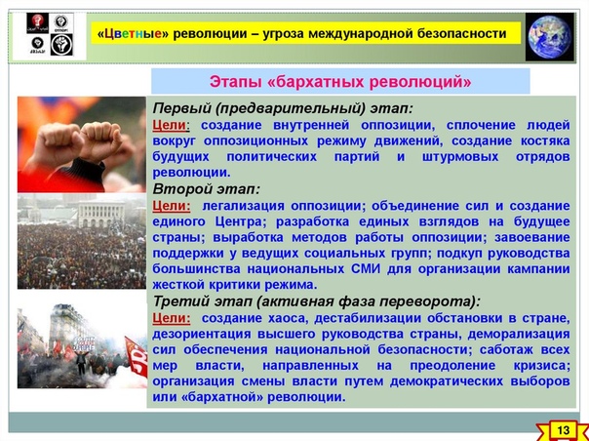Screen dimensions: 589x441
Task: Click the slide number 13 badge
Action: (x=564, y=429)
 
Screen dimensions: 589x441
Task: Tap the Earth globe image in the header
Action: (x=550, y=37)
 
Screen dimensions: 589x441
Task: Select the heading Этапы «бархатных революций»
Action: (x=340, y=82)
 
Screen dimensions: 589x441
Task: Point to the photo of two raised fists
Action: (x=82, y=144)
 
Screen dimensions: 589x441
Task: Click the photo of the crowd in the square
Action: (x=82, y=241)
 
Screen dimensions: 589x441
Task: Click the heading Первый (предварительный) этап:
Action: (x=283, y=109)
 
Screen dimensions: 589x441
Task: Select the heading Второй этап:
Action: (x=206, y=189)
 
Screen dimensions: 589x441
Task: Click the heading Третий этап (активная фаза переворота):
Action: (x=317, y=301)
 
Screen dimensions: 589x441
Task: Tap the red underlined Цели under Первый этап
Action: (x=170, y=125)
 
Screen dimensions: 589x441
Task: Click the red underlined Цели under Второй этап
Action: (x=171, y=206)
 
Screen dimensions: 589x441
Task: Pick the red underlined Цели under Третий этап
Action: (x=171, y=318)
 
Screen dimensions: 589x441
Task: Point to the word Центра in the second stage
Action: (x=241, y=221)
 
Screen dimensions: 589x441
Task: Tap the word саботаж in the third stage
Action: (x=505, y=350)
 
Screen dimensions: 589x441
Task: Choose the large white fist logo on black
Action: (x=61, y=45)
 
